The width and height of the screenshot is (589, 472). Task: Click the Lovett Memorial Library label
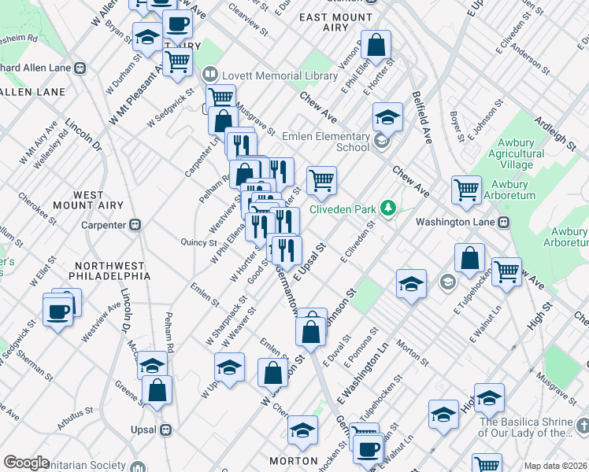pyautogui.click(x=280, y=76)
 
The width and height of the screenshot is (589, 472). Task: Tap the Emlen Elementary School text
pyautogui.click(x=331, y=141)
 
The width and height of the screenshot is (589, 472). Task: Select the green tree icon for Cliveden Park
pyautogui.click(x=387, y=208)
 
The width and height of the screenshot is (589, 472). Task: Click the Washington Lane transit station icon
pyautogui.click(x=504, y=222)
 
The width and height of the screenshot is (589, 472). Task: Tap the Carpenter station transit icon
pyautogui.click(x=135, y=225)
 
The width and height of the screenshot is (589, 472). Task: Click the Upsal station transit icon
pyautogui.click(x=165, y=430)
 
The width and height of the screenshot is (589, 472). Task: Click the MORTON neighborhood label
pyautogui.click(x=292, y=460)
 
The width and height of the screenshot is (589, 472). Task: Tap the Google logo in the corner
pyautogui.click(x=26, y=463)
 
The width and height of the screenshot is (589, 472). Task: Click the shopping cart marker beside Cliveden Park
pyautogui.click(x=321, y=180)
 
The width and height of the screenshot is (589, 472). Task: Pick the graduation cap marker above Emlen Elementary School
pyautogui.click(x=387, y=117)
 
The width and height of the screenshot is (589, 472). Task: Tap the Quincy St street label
pyautogui.click(x=198, y=242)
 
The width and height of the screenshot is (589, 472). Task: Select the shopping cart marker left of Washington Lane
pyautogui.click(x=467, y=190)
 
